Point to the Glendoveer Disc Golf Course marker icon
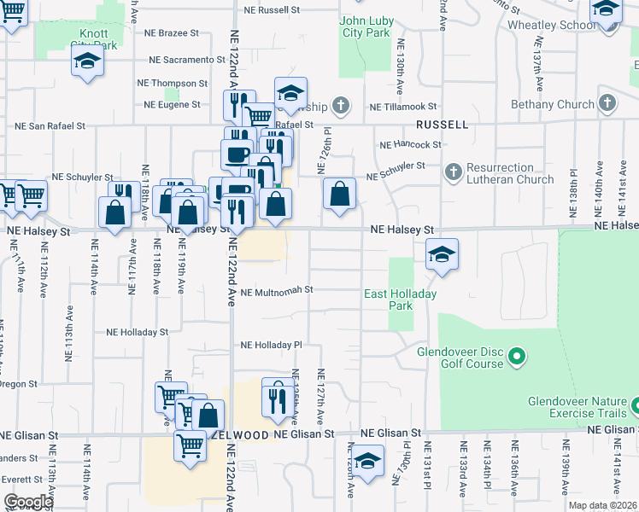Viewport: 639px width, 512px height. (x=515, y=355)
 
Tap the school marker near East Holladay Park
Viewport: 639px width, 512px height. (x=442, y=254)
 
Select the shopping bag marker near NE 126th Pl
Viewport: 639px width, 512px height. (x=340, y=194)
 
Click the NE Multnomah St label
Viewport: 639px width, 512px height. (x=277, y=290)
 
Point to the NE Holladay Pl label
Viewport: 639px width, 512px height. (x=272, y=346)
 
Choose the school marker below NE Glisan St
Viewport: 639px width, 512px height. (x=367, y=463)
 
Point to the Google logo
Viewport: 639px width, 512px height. (x=28, y=502)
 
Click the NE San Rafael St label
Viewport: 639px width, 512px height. (x=50, y=125)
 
